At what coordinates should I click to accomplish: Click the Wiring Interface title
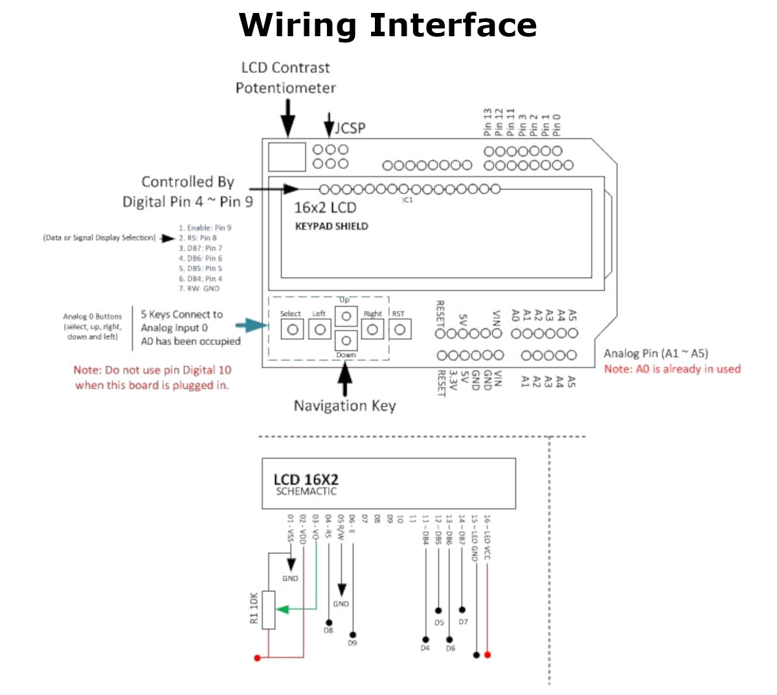click(x=387, y=26)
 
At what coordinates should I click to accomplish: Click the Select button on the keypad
click(x=292, y=329)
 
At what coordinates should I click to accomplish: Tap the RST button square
click(x=400, y=329)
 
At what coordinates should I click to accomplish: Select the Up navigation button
click(x=346, y=316)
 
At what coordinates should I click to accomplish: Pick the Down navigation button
click(x=346, y=340)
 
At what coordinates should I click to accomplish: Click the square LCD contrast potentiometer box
click(x=286, y=157)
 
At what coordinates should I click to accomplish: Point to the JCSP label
click(x=350, y=128)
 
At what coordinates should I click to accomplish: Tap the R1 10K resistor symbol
click(x=269, y=610)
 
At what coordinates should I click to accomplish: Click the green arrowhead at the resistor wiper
click(x=282, y=609)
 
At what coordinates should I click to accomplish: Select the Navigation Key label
click(x=344, y=406)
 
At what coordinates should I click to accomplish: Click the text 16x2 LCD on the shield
click(x=325, y=208)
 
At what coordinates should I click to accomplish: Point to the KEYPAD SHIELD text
click(x=332, y=226)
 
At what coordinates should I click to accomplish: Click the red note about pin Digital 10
click(x=152, y=377)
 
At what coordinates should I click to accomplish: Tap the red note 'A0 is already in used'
click(x=672, y=369)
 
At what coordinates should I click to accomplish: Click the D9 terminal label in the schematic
click(x=352, y=643)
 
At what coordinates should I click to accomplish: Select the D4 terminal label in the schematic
click(x=425, y=648)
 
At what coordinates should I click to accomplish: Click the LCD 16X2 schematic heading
click(x=306, y=480)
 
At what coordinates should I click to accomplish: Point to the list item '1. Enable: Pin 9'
click(x=205, y=228)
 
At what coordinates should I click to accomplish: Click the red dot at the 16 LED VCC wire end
click(x=488, y=655)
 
